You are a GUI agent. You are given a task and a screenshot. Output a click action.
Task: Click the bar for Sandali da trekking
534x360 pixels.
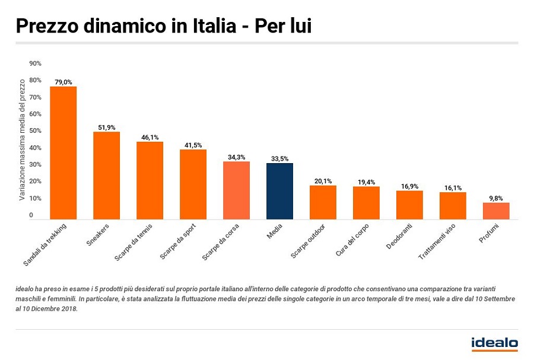[63, 153]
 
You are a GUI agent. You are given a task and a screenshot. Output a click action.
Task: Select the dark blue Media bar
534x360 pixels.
[279, 191]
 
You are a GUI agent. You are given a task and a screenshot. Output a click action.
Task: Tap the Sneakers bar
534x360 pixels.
[106, 176]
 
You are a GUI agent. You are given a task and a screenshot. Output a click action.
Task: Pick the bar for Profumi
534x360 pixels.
[496, 211]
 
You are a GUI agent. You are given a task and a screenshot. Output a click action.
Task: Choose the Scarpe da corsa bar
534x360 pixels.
[236, 190]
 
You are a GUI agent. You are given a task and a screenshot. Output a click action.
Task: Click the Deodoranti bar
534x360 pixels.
[409, 205]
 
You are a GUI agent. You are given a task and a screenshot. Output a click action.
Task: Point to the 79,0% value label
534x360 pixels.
[63, 82]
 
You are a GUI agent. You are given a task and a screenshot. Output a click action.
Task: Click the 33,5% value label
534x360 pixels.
[279, 158]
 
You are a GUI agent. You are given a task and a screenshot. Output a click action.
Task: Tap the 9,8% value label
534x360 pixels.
[496, 198]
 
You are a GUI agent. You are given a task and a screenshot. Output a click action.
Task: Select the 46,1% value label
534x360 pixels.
[150, 137]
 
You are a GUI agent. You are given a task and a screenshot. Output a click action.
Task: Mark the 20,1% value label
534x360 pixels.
[323, 181]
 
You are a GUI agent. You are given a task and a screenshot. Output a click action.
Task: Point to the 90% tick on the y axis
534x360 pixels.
[36, 63]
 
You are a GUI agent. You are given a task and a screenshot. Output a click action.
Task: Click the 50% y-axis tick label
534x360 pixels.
[36, 130]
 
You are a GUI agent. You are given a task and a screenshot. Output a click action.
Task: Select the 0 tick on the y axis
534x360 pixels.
[31, 215]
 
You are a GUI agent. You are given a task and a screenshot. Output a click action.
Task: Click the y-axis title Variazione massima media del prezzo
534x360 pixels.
[22, 140]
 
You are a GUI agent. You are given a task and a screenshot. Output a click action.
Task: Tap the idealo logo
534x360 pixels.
[494, 343]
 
